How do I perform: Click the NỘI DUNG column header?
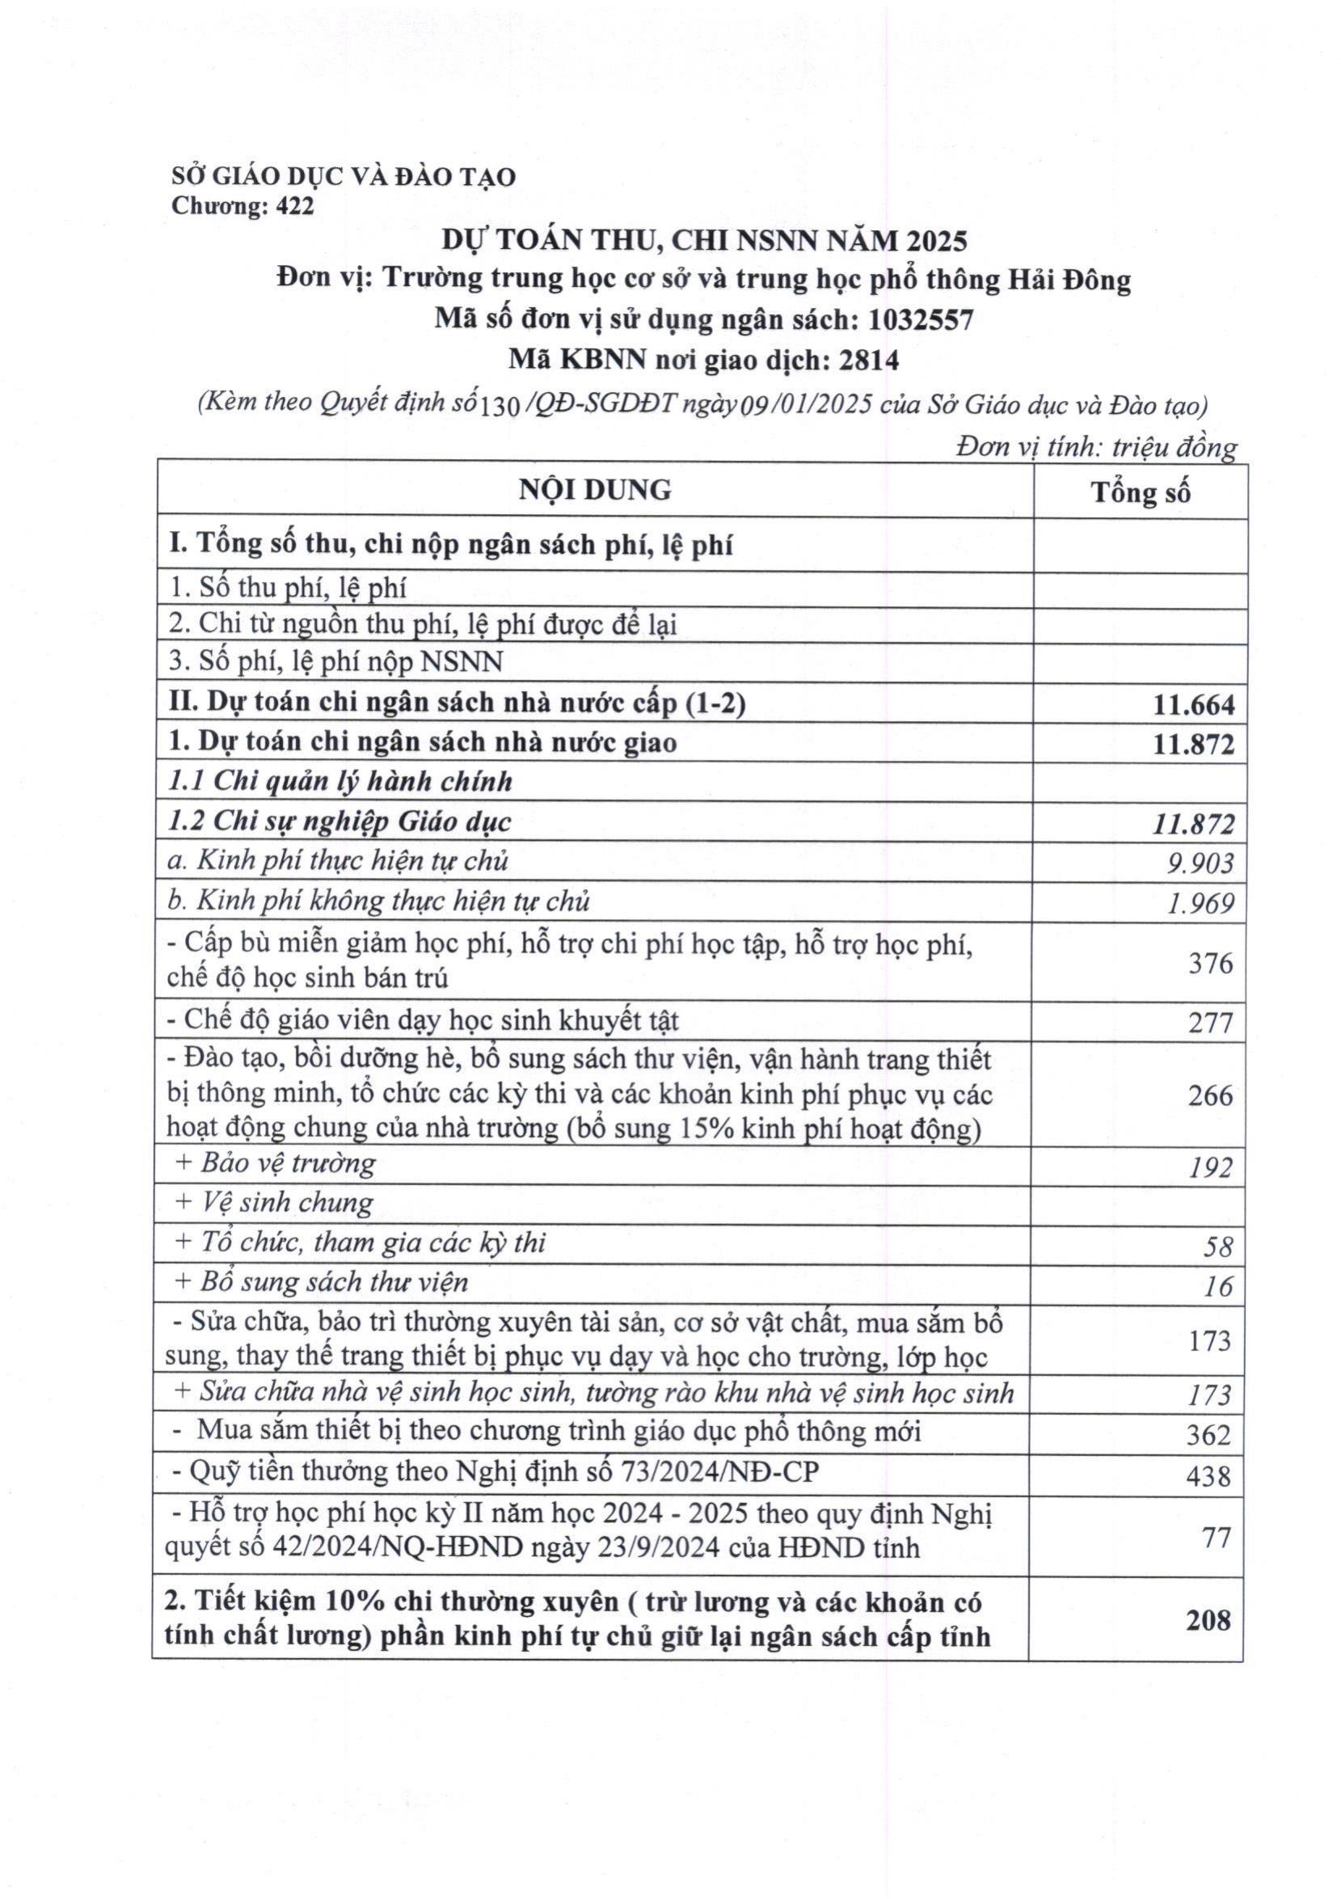pos(594,490)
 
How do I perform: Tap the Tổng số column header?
pos(1140,492)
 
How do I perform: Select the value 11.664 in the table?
pos(1193,705)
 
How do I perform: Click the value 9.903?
pos(1200,863)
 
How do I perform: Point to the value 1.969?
pos(1200,903)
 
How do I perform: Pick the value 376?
pos(1210,963)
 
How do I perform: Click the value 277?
pos(1210,1023)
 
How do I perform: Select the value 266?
pos(1210,1095)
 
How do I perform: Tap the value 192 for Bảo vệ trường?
pos(1210,1167)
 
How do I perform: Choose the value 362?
pos(1208,1435)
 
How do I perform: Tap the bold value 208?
pos(1208,1619)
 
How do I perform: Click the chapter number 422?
pos(295,206)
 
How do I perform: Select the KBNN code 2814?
pos(869,360)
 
